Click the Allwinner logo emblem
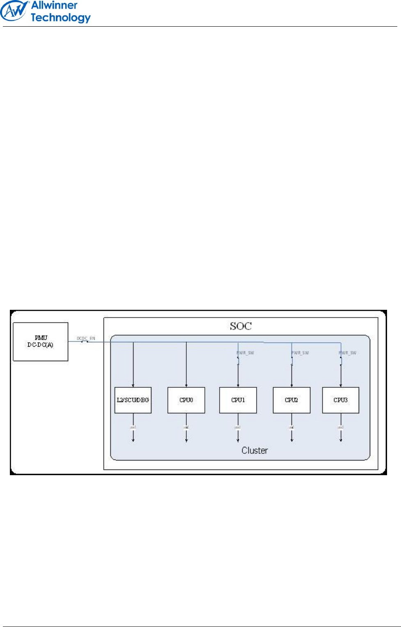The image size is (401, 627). tap(14, 11)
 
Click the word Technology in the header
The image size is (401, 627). tap(60, 18)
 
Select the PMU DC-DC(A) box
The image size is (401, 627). tap(40, 341)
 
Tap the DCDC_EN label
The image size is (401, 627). tap(86, 339)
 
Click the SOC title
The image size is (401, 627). tap(241, 326)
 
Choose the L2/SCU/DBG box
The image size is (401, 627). tap(133, 400)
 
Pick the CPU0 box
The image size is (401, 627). tap(186, 400)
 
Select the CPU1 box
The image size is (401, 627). tap(238, 400)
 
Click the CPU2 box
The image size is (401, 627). tap(291, 400)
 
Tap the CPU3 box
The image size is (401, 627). tap(341, 400)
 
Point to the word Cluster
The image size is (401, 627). tap(254, 451)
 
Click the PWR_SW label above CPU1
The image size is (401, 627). tap(245, 353)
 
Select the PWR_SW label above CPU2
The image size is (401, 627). tap(300, 353)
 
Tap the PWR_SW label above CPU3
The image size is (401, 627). tap(348, 353)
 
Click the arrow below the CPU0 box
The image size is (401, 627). tap(186, 435)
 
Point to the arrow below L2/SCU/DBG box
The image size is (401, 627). tap(133, 435)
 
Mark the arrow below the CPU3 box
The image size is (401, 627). tap(341, 435)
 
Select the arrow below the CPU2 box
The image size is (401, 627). tap(292, 435)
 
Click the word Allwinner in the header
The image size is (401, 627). tap(54, 5)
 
